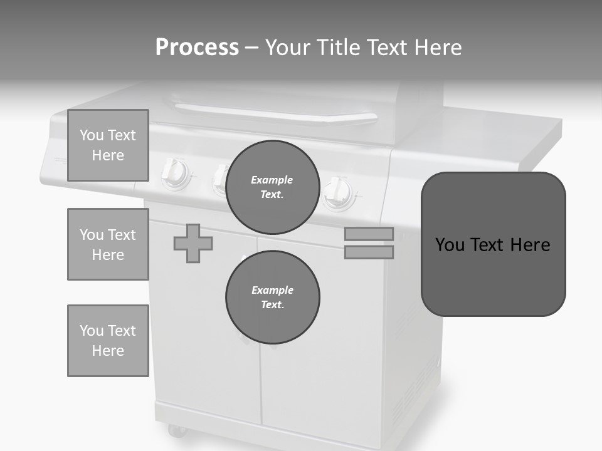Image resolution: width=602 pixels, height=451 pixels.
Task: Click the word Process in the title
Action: [197, 48]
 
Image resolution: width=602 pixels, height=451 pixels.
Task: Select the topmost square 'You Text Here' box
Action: [108, 145]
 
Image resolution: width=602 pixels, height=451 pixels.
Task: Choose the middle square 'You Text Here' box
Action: [108, 244]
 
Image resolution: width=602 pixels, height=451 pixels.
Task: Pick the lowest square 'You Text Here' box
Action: [108, 341]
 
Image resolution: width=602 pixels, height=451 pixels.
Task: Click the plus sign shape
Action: [193, 243]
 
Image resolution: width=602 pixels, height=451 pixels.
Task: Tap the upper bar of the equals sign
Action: [369, 234]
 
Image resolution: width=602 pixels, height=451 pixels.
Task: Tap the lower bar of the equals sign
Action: [369, 252]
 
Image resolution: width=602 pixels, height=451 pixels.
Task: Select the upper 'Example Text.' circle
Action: [273, 187]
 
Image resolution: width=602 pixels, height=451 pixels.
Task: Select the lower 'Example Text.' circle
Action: [273, 298]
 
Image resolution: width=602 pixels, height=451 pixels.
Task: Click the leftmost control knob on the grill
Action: [175, 173]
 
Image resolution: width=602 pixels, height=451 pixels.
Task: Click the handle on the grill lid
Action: [276, 115]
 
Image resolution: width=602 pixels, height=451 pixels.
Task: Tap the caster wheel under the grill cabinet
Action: [176, 430]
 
